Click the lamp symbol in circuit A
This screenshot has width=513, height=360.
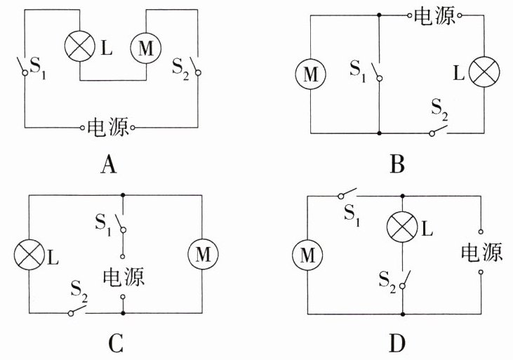coord(79,48)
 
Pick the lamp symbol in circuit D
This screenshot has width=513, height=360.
coord(402,227)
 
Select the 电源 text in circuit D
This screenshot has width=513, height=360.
coord(481,252)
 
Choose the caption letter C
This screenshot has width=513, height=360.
coord(116,343)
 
